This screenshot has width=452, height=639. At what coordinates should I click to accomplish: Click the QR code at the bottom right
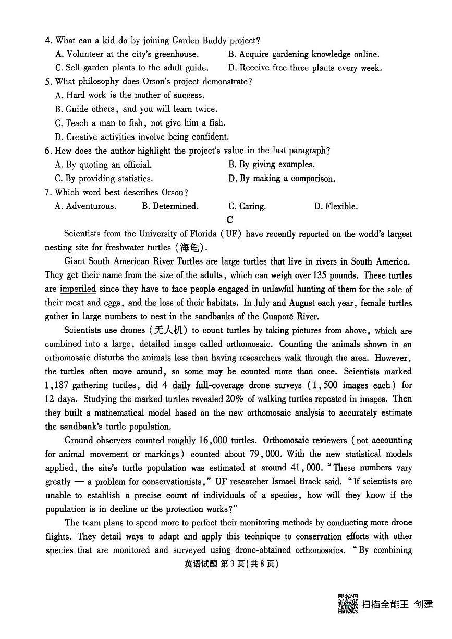tap(348, 604)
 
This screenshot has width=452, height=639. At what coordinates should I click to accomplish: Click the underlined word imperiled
tap(78, 289)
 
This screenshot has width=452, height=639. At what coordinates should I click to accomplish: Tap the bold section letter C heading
tap(229, 220)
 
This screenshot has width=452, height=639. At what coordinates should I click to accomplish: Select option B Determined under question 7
tap(170, 206)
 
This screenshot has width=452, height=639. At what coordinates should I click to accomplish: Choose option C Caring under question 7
tap(247, 206)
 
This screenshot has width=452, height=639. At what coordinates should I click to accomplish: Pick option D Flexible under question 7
tap(336, 206)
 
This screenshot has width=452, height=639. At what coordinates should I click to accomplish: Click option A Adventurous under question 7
tap(85, 206)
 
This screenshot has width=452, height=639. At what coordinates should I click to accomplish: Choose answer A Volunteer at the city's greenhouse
tap(127, 54)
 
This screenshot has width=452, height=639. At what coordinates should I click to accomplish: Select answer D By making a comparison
tap(282, 179)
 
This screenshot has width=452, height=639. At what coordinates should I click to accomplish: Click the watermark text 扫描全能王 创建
tap(397, 604)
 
